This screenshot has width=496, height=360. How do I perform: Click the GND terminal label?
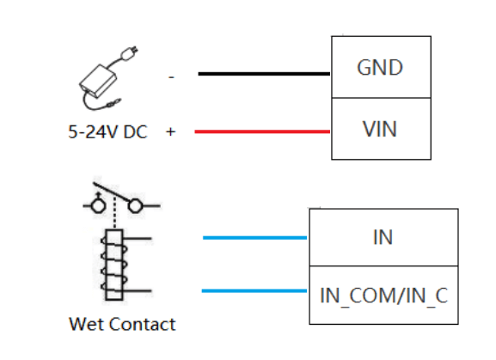coord(380,67)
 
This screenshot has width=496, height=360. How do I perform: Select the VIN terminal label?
coord(380,129)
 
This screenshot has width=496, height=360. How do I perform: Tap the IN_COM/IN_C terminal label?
coord(383,296)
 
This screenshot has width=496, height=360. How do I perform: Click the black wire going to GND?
coord(264,74)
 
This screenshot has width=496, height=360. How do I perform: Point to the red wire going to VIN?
coord(262,131)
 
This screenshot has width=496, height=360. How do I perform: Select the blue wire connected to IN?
coord(254,238)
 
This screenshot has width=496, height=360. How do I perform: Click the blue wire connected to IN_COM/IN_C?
coord(254,290)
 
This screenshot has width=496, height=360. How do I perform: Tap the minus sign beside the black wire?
coord(171,77)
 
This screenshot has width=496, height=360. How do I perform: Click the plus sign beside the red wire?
coord(170,131)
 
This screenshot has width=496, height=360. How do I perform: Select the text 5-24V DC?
coord(107,131)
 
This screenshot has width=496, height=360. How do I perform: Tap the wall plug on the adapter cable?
coord(129,53)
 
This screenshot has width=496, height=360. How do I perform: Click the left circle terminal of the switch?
coord(98,205)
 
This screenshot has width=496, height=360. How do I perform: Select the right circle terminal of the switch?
coord(135,205)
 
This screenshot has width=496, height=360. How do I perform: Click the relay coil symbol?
coord(113,265)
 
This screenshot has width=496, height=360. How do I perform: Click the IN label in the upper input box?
coord(383,237)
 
